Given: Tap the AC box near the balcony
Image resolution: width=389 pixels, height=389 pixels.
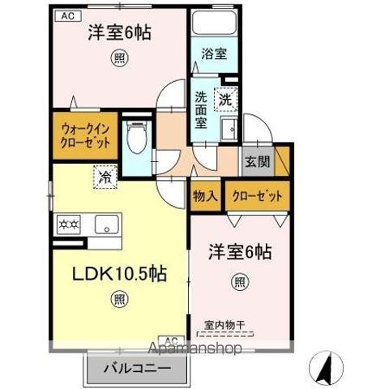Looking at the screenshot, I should pyautogui.click(x=173, y=340).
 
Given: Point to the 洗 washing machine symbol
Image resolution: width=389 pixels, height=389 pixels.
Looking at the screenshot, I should pyautogui.click(x=225, y=100).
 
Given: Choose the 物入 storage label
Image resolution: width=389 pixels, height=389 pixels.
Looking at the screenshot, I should pyautogui.click(x=204, y=196).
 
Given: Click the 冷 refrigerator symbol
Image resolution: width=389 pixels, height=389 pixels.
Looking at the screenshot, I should pyautogui.click(x=105, y=174).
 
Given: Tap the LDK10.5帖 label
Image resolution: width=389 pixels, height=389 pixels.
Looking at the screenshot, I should pyautogui.click(x=121, y=273).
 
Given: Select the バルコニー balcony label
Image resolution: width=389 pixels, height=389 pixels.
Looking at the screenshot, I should pyautogui.click(x=136, y=368).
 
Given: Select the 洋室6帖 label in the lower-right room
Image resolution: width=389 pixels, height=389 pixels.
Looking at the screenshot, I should pyautogui.click(x=238, y=252).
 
